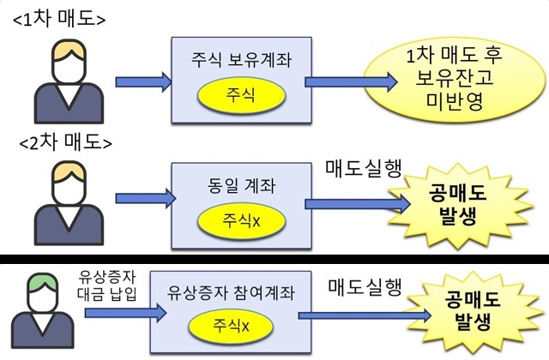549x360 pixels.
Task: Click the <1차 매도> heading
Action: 58,17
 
